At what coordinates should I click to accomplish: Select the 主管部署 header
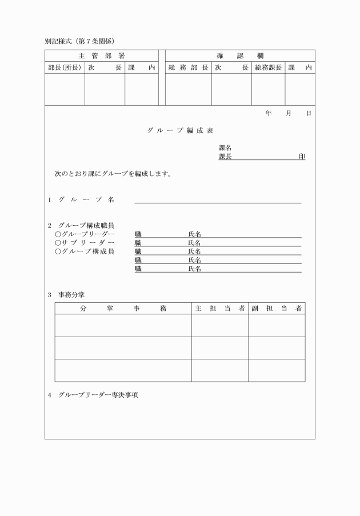(x=101, y=55)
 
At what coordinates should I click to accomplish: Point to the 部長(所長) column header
(x=65, y=67)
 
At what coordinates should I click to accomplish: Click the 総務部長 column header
(x=188, y=67)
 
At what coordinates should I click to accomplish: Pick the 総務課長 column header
(x=268, y=67)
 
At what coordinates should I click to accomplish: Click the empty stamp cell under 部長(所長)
(x=65, y=89)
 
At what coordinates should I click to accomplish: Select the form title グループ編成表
(x=180, y=131)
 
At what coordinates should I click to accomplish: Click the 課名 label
(x=225, y=148)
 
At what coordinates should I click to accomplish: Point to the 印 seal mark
(x=302, y=157)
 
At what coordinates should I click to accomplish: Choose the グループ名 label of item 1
(x=86, y=199)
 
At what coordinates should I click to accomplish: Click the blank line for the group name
(x=218, y=201)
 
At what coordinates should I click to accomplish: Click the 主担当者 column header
(x=219, y=309)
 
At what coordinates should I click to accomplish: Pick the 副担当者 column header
(x=276, y=309)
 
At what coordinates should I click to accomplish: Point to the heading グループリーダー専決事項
(x=98, y=395)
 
